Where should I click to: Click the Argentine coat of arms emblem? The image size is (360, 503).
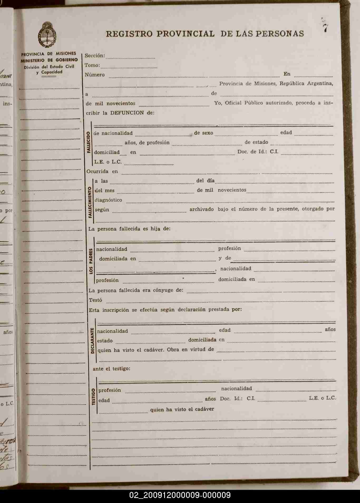coord(47,35)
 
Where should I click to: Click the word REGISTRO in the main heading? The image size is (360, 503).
coord(129,34)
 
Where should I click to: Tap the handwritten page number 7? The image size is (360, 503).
coord(326,28)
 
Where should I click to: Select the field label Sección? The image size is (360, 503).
coord(95,56)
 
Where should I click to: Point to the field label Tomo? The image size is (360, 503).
coord(92,65)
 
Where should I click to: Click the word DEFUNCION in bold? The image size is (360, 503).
coord(127,113)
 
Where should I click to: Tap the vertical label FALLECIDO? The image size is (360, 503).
coord(89,142)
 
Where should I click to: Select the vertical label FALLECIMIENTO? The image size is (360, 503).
coord(90,202)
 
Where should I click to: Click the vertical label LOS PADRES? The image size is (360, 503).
coord(91,261)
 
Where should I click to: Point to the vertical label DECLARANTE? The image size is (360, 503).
coord(92,341)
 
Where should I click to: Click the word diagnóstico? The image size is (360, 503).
coord(108,200)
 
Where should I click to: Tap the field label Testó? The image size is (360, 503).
coord(95,300)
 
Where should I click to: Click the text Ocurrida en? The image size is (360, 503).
coord(102,171)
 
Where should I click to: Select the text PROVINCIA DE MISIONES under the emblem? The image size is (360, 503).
coord(48,54)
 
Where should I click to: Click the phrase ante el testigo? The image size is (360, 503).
coord(111,369)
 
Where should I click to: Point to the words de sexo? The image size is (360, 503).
coord(203,133)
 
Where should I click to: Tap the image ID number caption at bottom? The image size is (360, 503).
coord(180,495)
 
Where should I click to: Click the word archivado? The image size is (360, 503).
coord(202,209)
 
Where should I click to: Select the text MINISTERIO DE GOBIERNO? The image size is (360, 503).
coord(49,60)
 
